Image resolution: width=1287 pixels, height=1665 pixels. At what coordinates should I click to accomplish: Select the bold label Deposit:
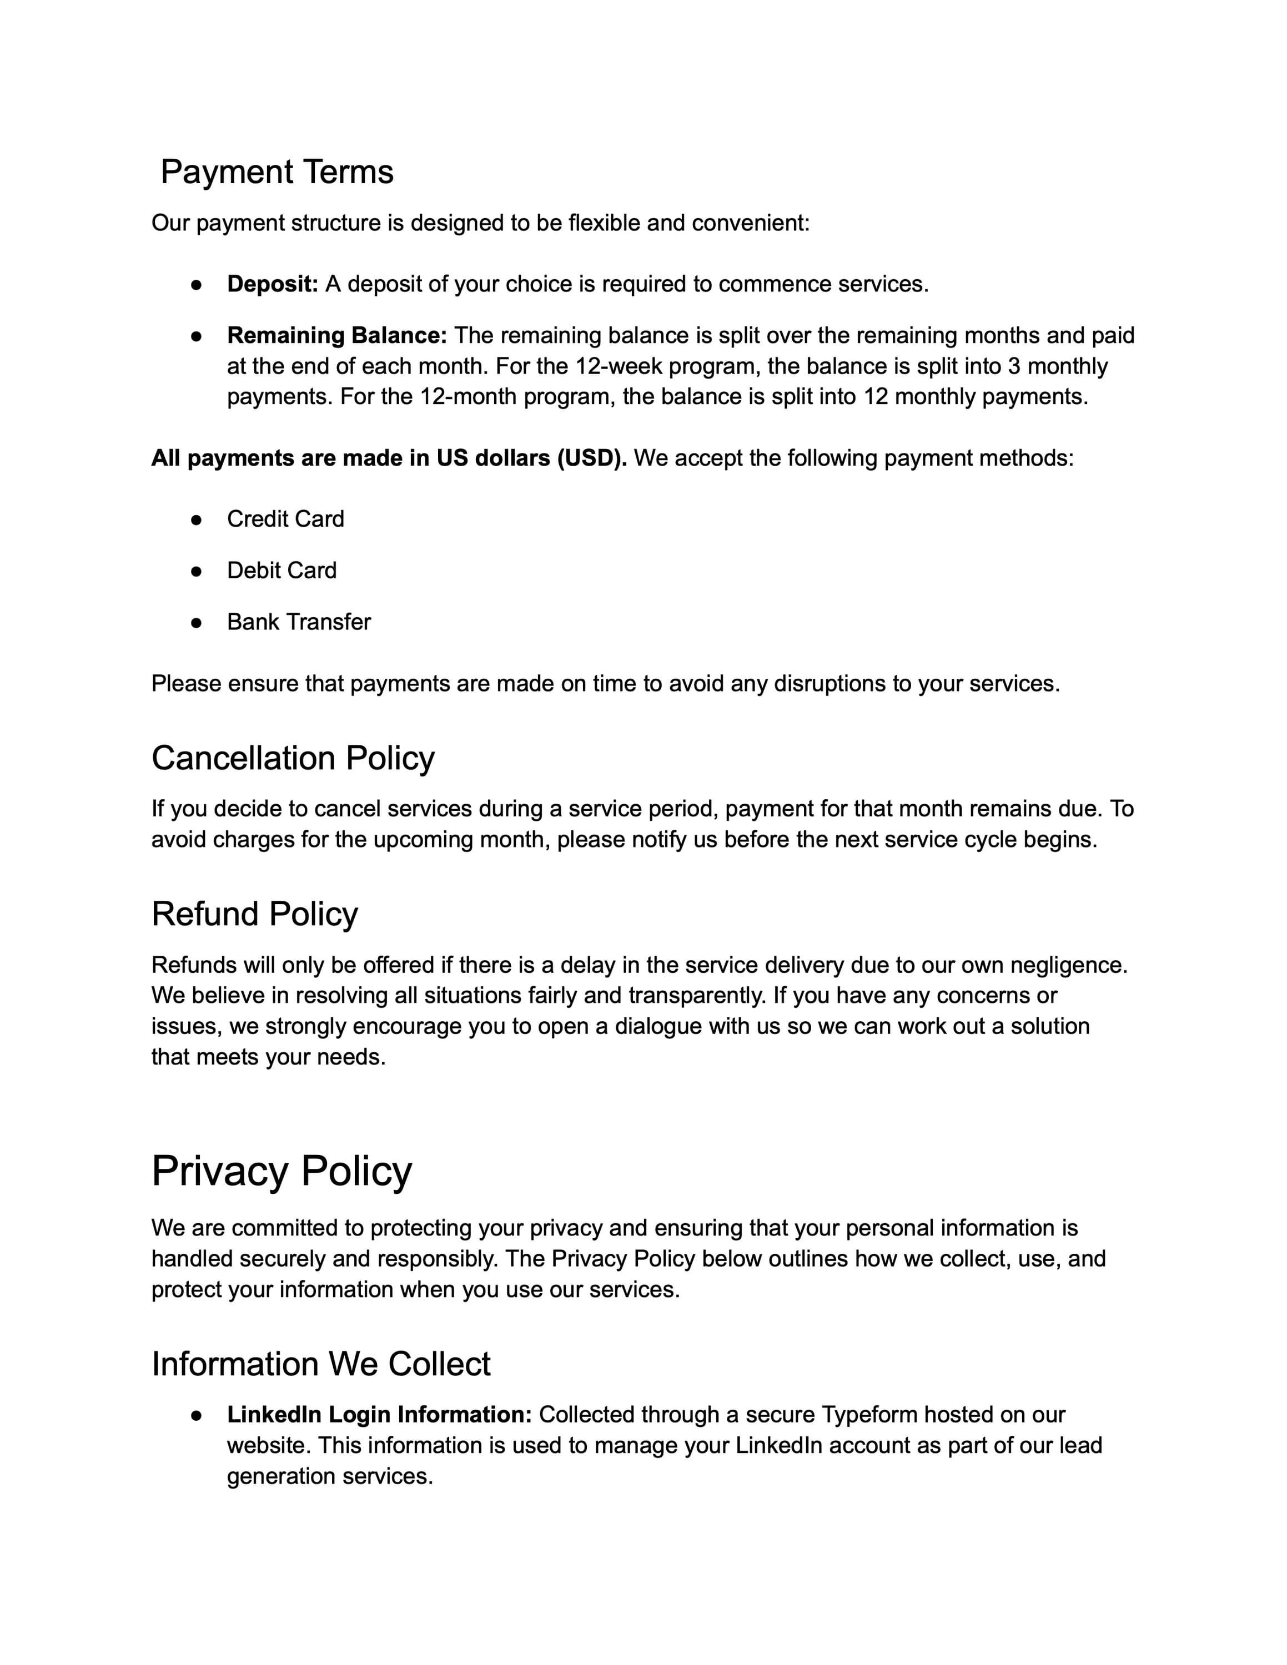[x=272, y=284]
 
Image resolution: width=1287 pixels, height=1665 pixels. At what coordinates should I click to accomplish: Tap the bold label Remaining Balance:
[x=337, y=335]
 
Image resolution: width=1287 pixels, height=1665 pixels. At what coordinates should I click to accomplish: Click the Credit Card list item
[x=285, y=519]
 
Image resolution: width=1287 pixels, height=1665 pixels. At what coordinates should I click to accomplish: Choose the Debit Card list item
[x=281, y=570]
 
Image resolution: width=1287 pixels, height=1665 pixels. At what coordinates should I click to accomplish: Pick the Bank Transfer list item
[x=299, y=622]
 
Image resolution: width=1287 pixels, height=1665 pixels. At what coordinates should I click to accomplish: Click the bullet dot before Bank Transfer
[x=196, y=623]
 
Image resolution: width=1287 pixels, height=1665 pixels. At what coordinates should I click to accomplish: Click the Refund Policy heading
[x=255, y=914]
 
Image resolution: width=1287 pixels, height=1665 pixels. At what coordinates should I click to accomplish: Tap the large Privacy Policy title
[x=281, y=1171]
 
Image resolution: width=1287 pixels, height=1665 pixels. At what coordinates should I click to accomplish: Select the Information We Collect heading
[x=321, y=1364]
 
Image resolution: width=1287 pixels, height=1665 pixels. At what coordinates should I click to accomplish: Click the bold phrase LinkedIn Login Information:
[x=379, y=1415]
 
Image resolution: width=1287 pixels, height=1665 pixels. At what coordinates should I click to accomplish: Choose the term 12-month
[x=468, y=397]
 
